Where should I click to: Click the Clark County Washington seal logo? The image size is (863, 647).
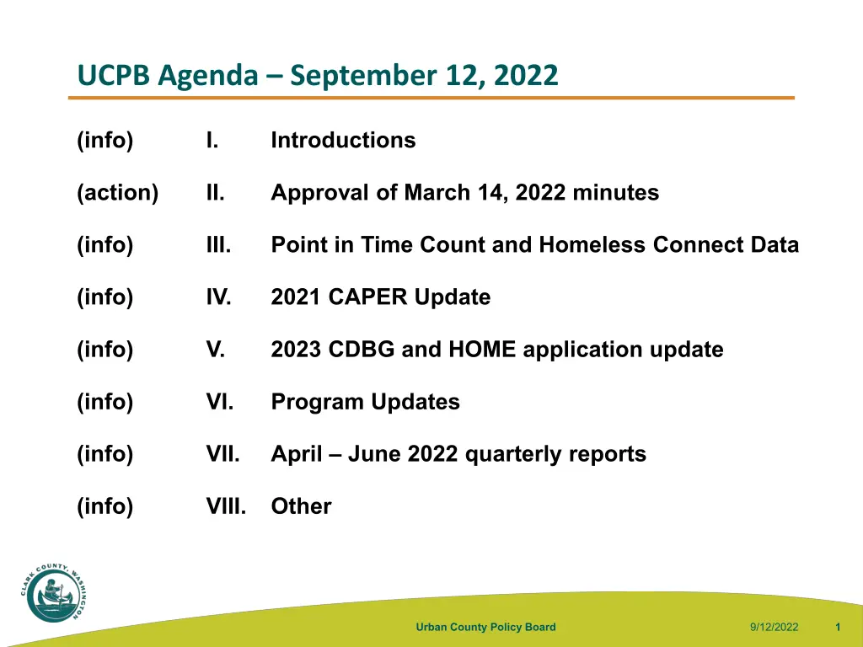point(54,593)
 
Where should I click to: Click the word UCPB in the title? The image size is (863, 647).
point(114,75)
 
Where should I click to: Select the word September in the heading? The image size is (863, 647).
point(364,76)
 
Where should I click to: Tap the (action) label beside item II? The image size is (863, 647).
point(118,193)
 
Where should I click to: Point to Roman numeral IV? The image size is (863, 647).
point(218,297)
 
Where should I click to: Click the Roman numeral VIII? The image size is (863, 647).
point(226,506)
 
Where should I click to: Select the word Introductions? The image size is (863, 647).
point(344,141)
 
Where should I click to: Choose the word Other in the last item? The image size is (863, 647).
point(302,506)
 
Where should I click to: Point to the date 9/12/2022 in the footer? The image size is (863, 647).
point(774,627)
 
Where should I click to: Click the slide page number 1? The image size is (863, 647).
point(838,627)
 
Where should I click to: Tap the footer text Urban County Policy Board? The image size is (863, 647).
point(486,627)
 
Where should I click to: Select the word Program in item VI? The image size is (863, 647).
point(318,402)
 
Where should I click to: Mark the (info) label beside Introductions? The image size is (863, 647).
point(105,141)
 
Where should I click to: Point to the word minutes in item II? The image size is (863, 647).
point(616,193)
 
